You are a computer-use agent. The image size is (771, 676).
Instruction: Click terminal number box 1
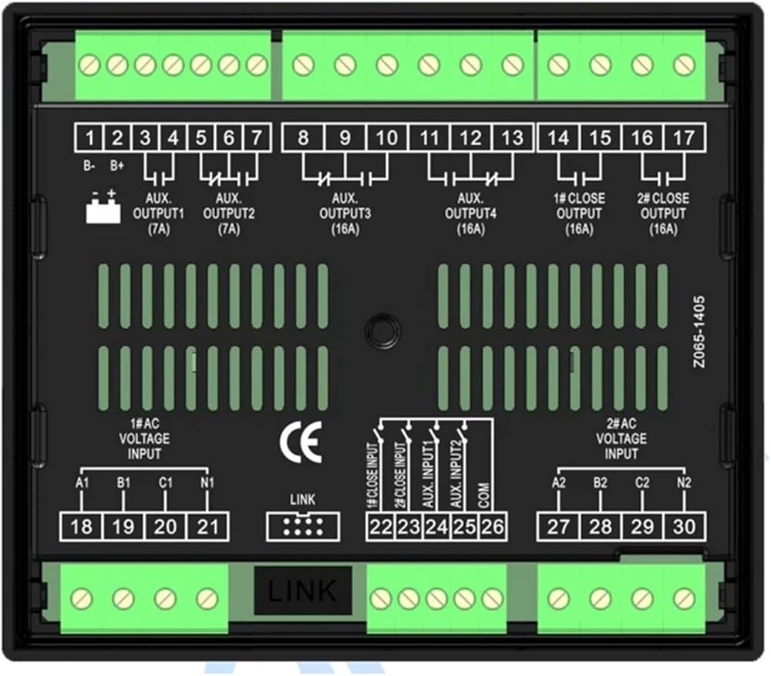coord(89,138)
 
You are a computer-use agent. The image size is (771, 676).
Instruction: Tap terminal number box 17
coord(684,138)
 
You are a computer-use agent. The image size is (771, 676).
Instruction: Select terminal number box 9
coord(345,138)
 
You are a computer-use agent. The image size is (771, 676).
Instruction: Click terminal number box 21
coord(207,527)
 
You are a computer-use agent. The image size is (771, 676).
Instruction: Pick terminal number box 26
coord(493,527)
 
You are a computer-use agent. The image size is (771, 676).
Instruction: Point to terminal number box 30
coord(684,527)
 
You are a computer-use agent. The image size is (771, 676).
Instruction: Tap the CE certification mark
coord(301,442)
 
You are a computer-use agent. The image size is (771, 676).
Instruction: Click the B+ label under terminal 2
coord(117,166)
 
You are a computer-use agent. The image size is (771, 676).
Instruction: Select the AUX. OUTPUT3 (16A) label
coord(345,214)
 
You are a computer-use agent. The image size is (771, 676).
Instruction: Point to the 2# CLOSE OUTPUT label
coord(663,206)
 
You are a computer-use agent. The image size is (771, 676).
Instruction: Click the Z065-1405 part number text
coord(699,332)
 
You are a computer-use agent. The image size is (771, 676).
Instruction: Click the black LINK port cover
coord(303,590)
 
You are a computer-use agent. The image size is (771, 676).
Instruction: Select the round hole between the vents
coord(382,330)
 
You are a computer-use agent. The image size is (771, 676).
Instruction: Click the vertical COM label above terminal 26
coord(484,495)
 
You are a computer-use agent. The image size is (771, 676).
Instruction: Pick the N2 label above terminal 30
coord(684,482)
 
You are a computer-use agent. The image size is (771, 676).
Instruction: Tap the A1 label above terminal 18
coord(82,482)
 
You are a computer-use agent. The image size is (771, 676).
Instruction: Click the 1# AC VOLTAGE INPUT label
coord(144,438)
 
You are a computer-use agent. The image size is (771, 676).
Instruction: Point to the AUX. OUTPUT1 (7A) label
coord(158,214)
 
